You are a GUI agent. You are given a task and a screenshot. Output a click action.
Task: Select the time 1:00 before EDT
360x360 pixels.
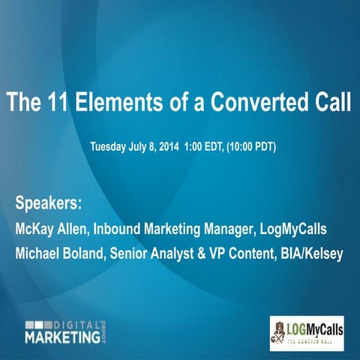(x=195, y=146)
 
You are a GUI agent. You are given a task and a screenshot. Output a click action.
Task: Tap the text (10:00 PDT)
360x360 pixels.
(x=247, y=146)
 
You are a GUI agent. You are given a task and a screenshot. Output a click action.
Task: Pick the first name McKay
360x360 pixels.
(x=34, y=228)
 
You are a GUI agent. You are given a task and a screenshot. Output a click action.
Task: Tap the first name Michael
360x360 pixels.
(x=37, y=253)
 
